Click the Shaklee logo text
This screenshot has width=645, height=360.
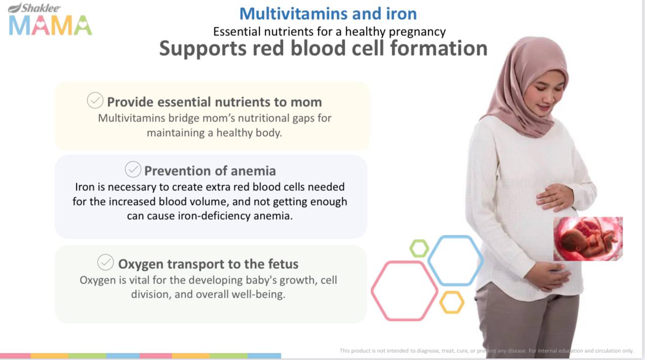tap(34, 8)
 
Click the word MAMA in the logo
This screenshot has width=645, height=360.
tap(51, 25)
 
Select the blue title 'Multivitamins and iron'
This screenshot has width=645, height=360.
tap(328, 14)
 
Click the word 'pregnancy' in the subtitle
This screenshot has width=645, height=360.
tap(417, 32)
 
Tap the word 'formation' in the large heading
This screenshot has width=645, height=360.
tap(439, 48)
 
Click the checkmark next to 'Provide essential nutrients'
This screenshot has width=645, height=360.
tap(95, 100)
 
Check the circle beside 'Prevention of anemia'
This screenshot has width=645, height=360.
tap(133, 169)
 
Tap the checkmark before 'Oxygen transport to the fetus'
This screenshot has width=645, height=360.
tap(105, 262)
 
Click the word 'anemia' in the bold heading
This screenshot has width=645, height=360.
tap(253, 171)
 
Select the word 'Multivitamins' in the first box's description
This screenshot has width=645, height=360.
tap(132, 118)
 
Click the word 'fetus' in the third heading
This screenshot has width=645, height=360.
tap(284, 264)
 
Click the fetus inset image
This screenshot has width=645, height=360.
tap(588, 239)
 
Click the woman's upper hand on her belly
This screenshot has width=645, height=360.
tap(554, 197)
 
